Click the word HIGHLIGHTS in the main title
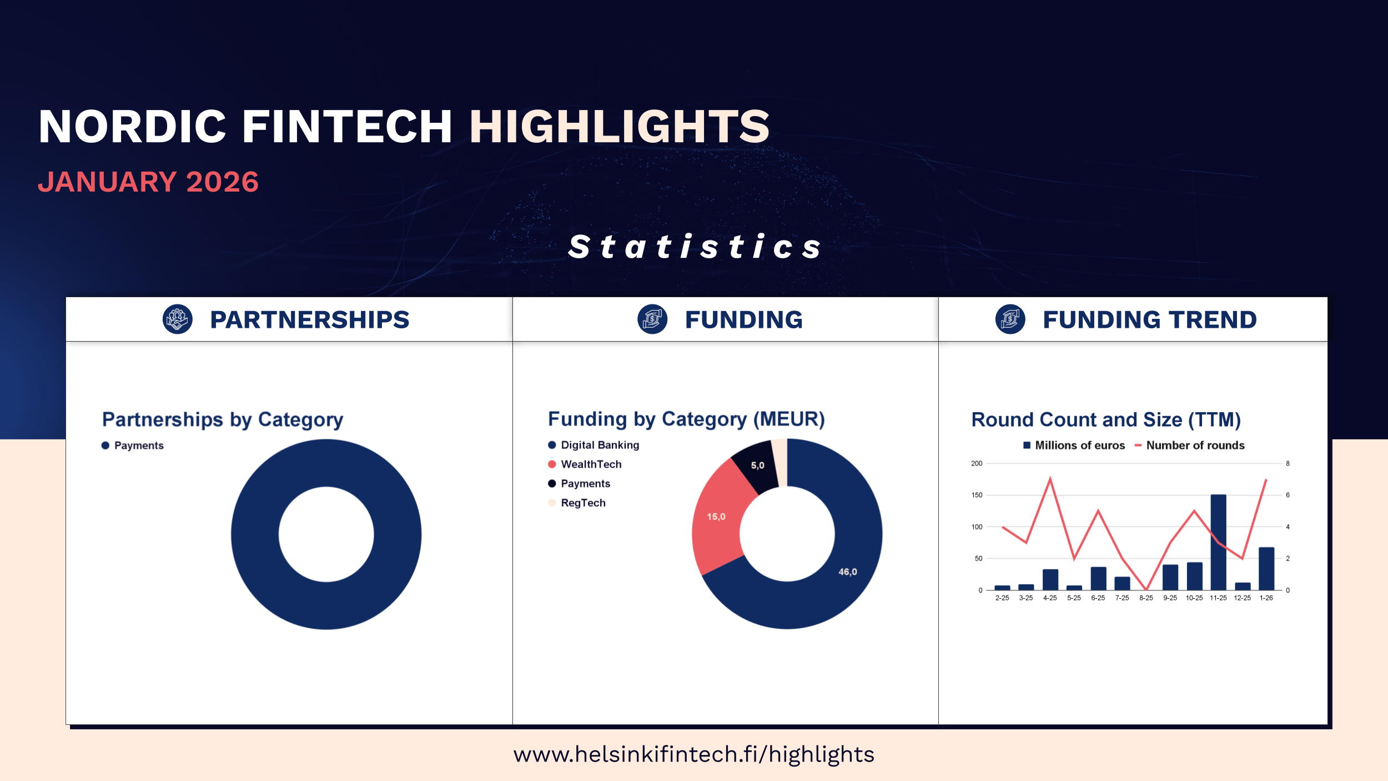point(620,127)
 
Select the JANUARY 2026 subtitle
point(148,182)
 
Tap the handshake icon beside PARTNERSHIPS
point(178,319)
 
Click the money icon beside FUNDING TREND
point(1010,319)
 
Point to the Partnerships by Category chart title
point(223,420)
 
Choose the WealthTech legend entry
point(585,464)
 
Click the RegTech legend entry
point(577,503)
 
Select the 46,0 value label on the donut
point(848,572)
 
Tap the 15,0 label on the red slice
point(716,517)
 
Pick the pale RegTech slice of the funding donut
point(780,462)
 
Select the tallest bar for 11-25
point(1218,542)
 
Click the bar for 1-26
point(1266,569)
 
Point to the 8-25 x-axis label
point(1146,598)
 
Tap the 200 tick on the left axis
point(977,463)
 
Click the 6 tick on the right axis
point(1288,495)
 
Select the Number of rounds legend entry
point(1189,445)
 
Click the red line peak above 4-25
point(1050,478)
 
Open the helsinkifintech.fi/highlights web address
point(694,754)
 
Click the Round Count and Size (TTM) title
point(1106,420)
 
